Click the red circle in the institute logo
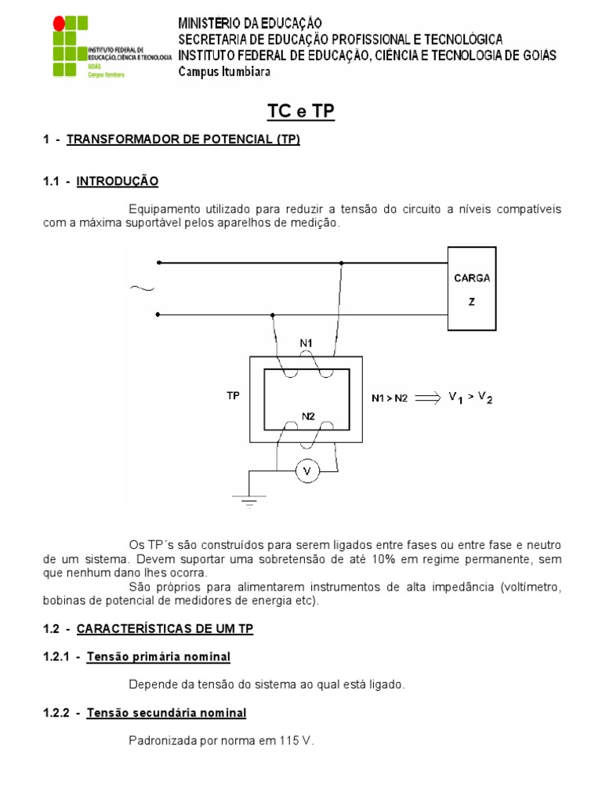pos(59,24)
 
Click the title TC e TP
pos(301,112)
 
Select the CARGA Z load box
pos(471,289)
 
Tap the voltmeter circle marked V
pos(307,471)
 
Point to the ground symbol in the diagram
pos(249,500)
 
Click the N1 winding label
pos(306,343)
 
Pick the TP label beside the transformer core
pos(233,396)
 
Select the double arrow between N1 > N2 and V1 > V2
pos(428,398)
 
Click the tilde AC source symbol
pos(142,289)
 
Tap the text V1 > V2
pos(470,398)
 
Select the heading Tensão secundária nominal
pos(166,712)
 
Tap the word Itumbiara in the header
pos(244,71)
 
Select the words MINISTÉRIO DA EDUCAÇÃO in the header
pos(249,24)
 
